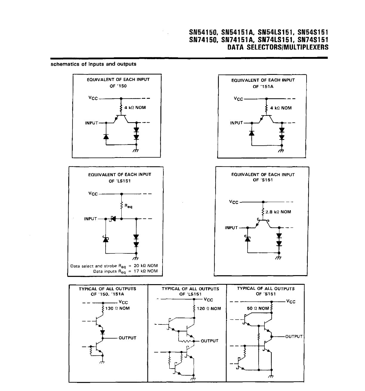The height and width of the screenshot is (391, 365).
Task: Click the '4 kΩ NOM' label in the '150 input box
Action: [135, 107]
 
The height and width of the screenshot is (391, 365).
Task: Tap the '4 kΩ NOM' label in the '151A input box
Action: [281, 108]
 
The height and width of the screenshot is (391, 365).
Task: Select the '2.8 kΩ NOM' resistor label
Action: [278, 212]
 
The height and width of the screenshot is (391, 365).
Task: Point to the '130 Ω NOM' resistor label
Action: [117, 308]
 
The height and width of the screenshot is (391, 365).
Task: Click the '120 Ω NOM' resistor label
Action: [209, 309]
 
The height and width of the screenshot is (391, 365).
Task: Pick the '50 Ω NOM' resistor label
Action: [258, 308]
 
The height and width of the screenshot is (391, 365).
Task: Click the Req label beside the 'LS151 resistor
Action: [129, 206]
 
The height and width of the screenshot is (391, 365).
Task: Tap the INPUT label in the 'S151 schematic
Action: [231, 228]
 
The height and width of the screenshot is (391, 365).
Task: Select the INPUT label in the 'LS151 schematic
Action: [91, 219]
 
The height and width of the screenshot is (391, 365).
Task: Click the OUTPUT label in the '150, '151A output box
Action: [127, 338]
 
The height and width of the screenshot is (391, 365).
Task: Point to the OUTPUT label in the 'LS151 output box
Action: [209, 341]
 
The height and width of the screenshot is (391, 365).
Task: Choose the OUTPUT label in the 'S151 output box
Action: [294, 336]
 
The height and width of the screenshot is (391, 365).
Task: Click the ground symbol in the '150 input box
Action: [136, 151]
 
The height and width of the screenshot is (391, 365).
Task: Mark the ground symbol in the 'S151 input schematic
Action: [278, 258]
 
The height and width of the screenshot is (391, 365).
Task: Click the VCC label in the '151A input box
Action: [238, 98]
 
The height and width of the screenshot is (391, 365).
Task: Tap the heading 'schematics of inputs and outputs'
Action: [93, 64]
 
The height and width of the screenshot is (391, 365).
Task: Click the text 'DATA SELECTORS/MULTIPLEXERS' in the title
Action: [278, 47]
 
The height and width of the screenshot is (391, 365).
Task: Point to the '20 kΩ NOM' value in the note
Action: [146, 266]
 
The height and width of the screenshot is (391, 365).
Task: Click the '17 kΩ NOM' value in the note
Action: [146, 271]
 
